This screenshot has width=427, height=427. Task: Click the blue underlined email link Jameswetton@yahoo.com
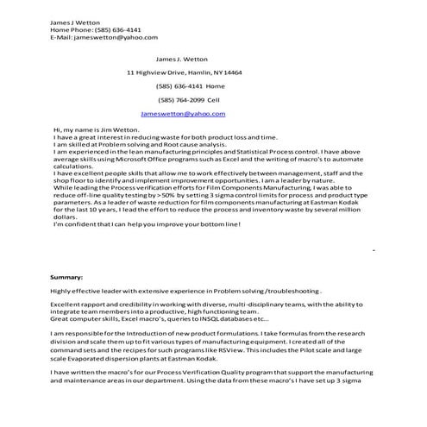182,114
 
